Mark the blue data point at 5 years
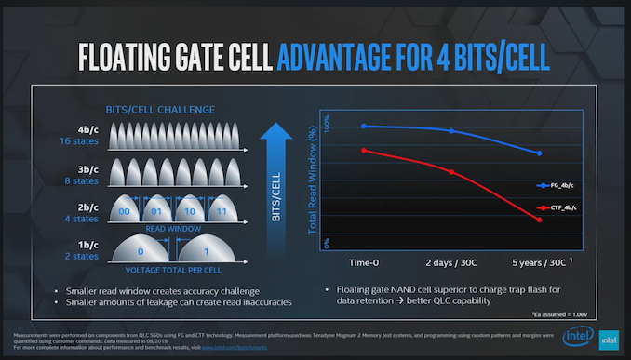[x=539, y=153]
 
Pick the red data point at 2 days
[x=451, y=172]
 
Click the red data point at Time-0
[x=363, y=150]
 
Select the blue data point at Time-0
[x=363, y=126]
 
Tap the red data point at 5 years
[x=539, y=220]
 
